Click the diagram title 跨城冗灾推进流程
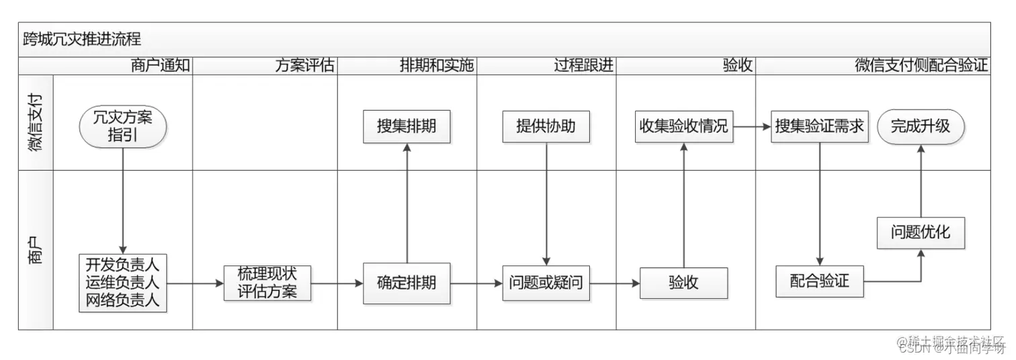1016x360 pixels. pos(82,39)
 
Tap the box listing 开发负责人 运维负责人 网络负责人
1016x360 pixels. pos(122,283)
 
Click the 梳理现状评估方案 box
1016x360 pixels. pos(267,283)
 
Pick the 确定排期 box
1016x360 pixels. pos(407,283)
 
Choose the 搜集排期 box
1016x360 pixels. pos(407,126)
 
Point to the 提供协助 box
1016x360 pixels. pos(546,126)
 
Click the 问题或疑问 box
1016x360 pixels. pos(546,283)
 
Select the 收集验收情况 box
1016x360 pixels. pos(683,126)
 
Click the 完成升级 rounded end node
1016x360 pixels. pos(921,126)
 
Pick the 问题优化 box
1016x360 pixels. pos(921,233)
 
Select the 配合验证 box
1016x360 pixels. pos(820,281)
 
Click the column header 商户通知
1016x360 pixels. pos(161,66)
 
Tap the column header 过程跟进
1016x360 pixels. pos(583,66)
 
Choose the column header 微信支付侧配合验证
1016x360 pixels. pos(921,66)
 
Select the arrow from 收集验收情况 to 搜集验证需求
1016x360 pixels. pos(751,126)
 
